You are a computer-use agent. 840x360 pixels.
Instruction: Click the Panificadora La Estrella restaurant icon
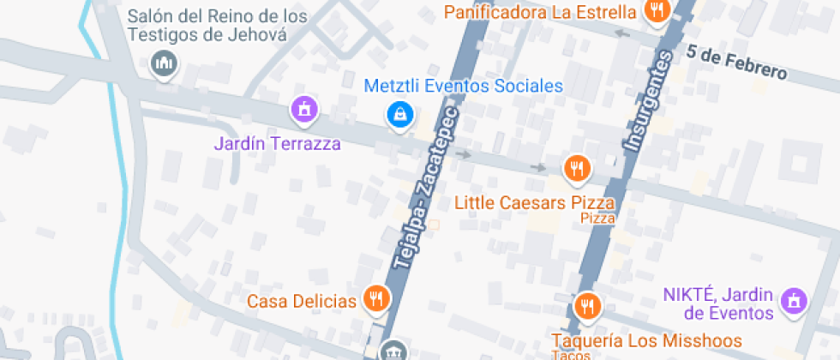tap(657, 11)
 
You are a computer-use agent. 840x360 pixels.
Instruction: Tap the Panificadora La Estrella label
tap(540, 13)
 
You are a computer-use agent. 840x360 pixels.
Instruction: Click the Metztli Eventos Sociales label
tap(463, 86)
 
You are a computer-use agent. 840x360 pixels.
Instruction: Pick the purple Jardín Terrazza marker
tap(303, 109)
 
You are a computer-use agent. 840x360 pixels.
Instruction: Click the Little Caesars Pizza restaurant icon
tap(577, 168)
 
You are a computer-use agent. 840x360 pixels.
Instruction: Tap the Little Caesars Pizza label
tap(535, 203)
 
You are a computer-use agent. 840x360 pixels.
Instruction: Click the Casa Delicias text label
tap(301, 301)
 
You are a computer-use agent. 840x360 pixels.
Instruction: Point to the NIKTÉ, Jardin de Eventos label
tap(718, 303)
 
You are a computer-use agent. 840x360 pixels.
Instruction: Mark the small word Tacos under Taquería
tap(566, 354)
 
